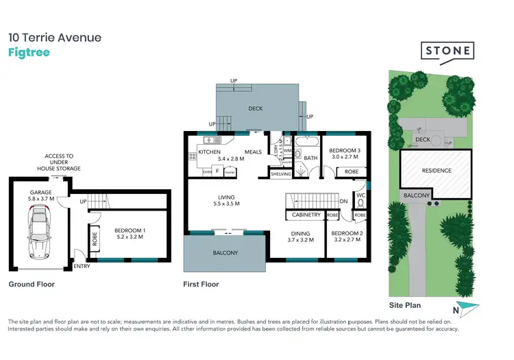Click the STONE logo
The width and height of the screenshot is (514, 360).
pyautogui.click(x=446, y=51)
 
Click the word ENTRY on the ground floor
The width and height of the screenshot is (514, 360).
pyautogui.click(x=82, y=266)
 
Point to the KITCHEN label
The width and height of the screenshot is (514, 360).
pyautogui.click(x=209, y=152)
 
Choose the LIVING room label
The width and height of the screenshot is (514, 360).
pyautogui.click(x=225, y=201)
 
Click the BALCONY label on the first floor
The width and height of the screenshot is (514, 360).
pyautogui.click(x=225, y=253)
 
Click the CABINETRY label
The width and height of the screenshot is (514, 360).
pyautogui.click(x=306, y=215)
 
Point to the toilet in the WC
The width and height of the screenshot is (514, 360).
pyautogui.click(x=360, y=204)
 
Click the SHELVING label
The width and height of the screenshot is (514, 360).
pyautogui.click(x=281, y=174)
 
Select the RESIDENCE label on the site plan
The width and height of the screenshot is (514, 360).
pyautogui.click(x=436, y=171)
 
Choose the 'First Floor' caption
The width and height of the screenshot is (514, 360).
pyautogui.click(x=201, y=284)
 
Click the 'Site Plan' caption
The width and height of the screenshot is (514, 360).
pyautogui.click(x=405, y=305)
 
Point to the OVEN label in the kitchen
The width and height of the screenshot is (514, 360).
pyautogui.click(x=207, y=173)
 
